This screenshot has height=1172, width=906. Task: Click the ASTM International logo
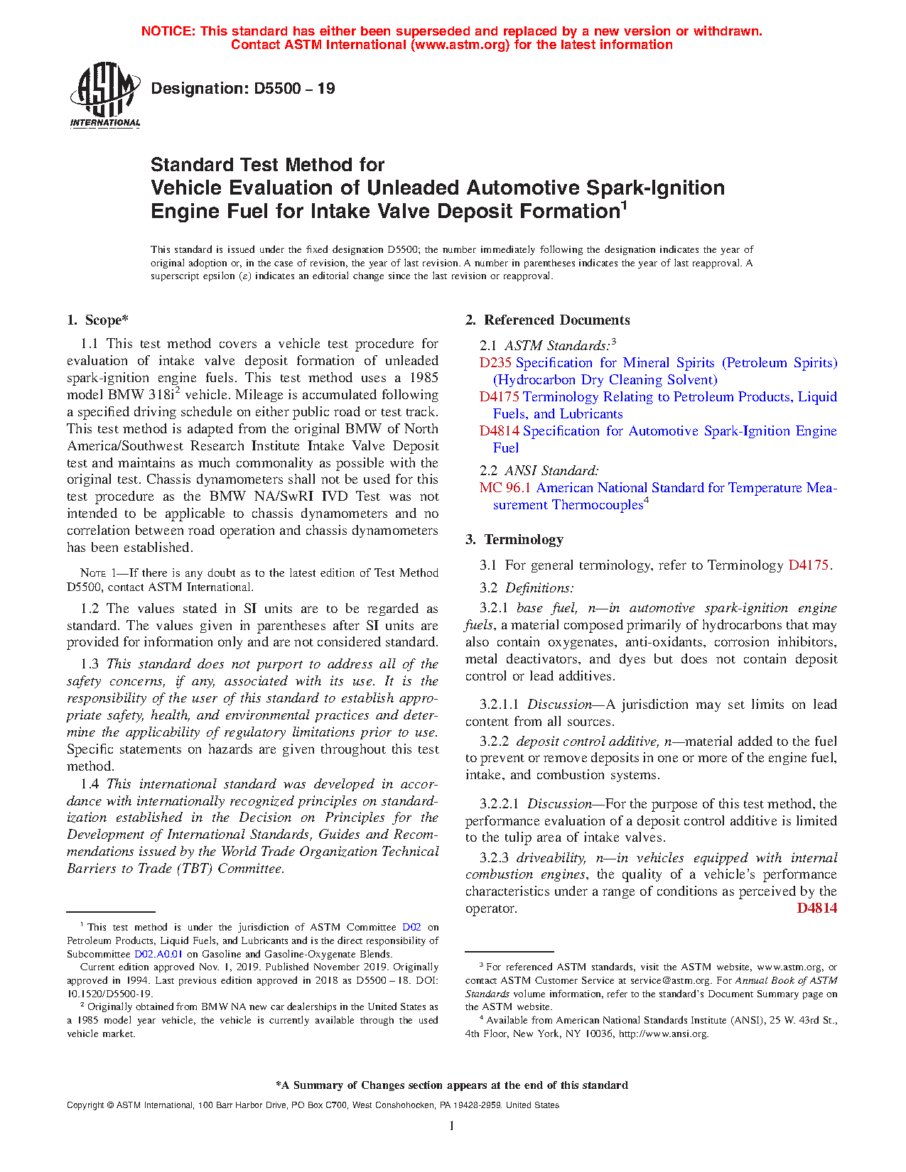(104, 94)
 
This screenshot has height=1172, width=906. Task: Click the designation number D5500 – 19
(243, 89)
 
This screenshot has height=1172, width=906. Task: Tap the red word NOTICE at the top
(167, 31)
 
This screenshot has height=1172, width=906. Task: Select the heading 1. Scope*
(98, 320)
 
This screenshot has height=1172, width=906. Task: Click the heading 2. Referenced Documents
(547, 320)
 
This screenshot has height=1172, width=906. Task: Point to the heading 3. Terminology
(514, 540)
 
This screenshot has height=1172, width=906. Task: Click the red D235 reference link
(495, 363)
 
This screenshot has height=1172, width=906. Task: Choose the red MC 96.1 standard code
(505, 488)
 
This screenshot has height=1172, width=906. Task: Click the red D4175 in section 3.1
(808, 565)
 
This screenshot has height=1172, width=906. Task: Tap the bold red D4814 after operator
(816, 908)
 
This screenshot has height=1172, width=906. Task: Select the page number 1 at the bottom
(452, 1126)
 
